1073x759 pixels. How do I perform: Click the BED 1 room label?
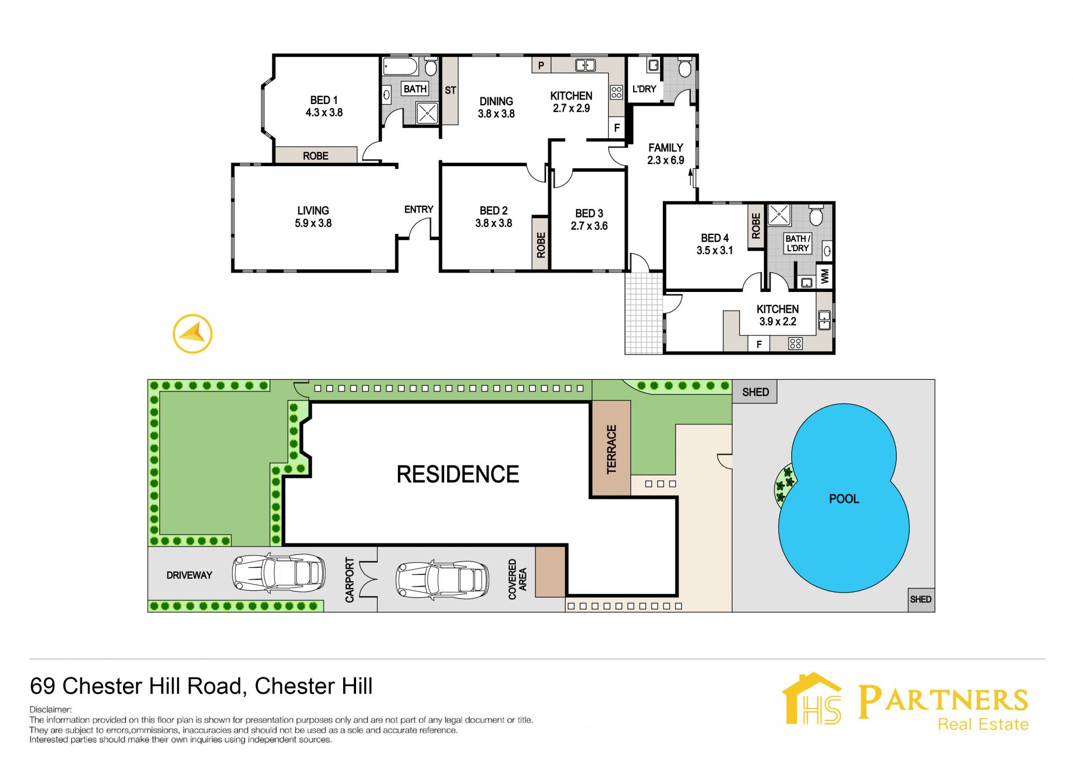pyautogui.click(x=324, y=100)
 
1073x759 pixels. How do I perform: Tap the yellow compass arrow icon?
pyautogui.click(x=193, y=334)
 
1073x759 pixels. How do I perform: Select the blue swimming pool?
pyautogui.click(x=844, y=498)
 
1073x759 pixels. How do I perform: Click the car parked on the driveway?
pyautogui.click(x=278, y=573)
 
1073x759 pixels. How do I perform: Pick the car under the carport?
pyautogui.click(x=441, y=579)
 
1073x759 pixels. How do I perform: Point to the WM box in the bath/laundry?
pyautogui.click(x=825, y=276)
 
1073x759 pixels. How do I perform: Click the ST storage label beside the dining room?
pyautogui.click(x=450, y=90)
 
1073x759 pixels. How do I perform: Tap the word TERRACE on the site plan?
pyautogui.click(x=611, y=449)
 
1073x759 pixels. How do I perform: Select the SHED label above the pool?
pyautogui.click(x=755, y=392)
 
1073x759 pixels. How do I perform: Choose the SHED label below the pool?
pyautogui.click(x=920, y=599)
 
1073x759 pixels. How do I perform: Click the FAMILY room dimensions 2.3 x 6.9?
pyautogui.click(x=666, y=160)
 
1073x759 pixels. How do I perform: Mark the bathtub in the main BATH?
pyautogui.click(x=400, y=66)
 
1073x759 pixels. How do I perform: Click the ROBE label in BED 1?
pyautogui.click(x=316, y=156)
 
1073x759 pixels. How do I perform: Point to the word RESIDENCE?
pyautogui.click(x=458, y=474)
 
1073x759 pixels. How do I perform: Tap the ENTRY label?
pyautogui.click(x=419, y=209)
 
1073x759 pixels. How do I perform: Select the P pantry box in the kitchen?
pyautogui.click(x=541, y=65)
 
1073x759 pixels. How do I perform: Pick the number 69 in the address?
pyautogui.click(x=43, y=686)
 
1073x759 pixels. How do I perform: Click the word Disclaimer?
pyautogui.click(x=50, y=709)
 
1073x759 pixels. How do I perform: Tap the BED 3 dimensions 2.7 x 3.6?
pyautogui.click(x=589, y=226)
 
